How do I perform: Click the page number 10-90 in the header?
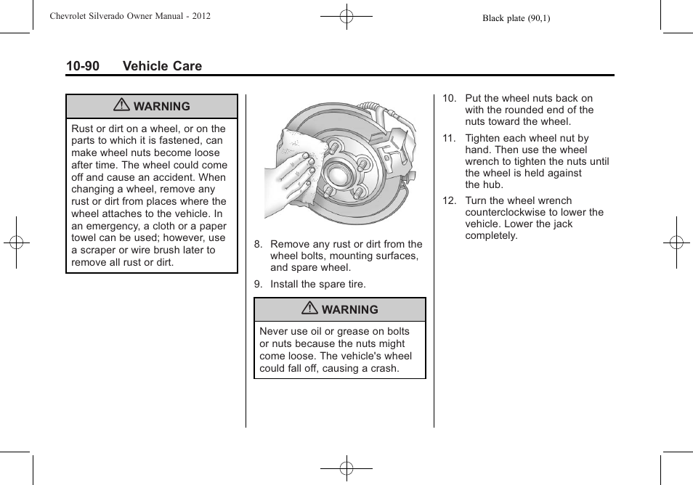tap(82, 66)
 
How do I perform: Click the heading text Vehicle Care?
tap(162, 66)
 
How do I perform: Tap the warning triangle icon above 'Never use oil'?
tap(310, 309)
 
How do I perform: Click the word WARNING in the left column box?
tap(161, 107)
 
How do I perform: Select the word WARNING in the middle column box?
tap(349, 310)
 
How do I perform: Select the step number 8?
tap(258, 245)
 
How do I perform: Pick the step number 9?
tap(258, 285)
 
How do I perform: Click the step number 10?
tap(449, 99)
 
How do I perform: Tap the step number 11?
tap(449, 139)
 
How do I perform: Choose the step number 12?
tap(449, 201)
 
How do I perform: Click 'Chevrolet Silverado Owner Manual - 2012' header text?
tap(130, 15)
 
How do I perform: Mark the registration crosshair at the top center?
tap(346, 15)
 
